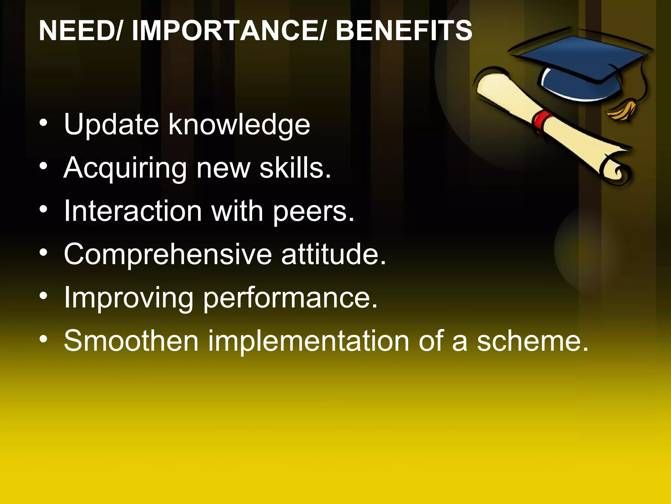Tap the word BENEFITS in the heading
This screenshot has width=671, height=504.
(x=404, y=31)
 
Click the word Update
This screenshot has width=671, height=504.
(x=111, y=124)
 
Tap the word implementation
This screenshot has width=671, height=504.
(x=308, y=341)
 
